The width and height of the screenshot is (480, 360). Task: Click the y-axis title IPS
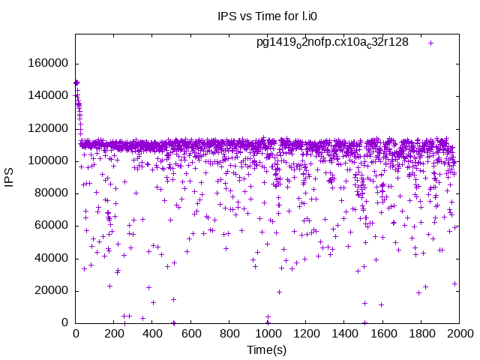coord(10,178)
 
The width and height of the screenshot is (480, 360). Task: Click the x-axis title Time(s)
coord(267,349)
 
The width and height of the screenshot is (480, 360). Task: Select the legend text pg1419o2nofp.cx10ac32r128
coord(332,43)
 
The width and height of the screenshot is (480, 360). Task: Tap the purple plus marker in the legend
coord(430,43)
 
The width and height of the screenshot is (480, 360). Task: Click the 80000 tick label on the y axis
coord(49,193)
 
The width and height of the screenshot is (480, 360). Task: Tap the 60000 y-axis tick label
coord(49,226)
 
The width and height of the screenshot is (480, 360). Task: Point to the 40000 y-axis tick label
coord(49,258)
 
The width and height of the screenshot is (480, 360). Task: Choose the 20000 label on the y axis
coord(49,290)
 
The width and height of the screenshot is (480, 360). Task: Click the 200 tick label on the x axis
coord(114,334)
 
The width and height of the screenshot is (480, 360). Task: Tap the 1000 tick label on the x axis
coord(268,334)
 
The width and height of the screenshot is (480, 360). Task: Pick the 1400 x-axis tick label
coord(344,334)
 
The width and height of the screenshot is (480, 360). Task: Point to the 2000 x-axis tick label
coord(459,334)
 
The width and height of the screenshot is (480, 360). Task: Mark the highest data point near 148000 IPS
coord(76,82)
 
